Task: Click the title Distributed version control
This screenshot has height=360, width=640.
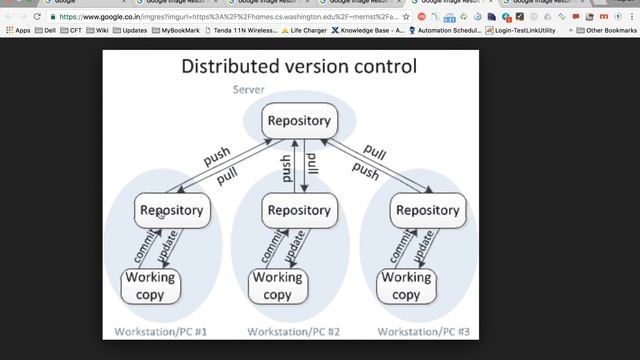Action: (x=298, y=68)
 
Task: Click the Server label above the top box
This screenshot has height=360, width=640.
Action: (x=248, y=90)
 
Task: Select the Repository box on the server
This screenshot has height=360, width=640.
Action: (x=298, y=121)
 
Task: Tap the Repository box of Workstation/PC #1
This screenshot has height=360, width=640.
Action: (x=171, y=210)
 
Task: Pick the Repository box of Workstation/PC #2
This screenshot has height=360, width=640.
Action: (x=298, y=210)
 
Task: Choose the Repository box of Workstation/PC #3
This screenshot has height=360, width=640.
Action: (x=427, y=210)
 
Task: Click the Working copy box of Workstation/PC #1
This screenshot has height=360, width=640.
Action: (x=151, y=286)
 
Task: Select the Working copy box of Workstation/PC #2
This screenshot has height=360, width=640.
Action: (x=277, y=286)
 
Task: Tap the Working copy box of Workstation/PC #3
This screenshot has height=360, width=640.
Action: (x=405, y=286)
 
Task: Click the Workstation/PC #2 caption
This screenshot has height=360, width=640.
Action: (x=294, y=331)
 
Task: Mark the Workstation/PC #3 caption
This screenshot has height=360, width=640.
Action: (x=422, y=331)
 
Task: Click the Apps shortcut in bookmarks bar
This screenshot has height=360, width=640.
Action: (x=17, y=31)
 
